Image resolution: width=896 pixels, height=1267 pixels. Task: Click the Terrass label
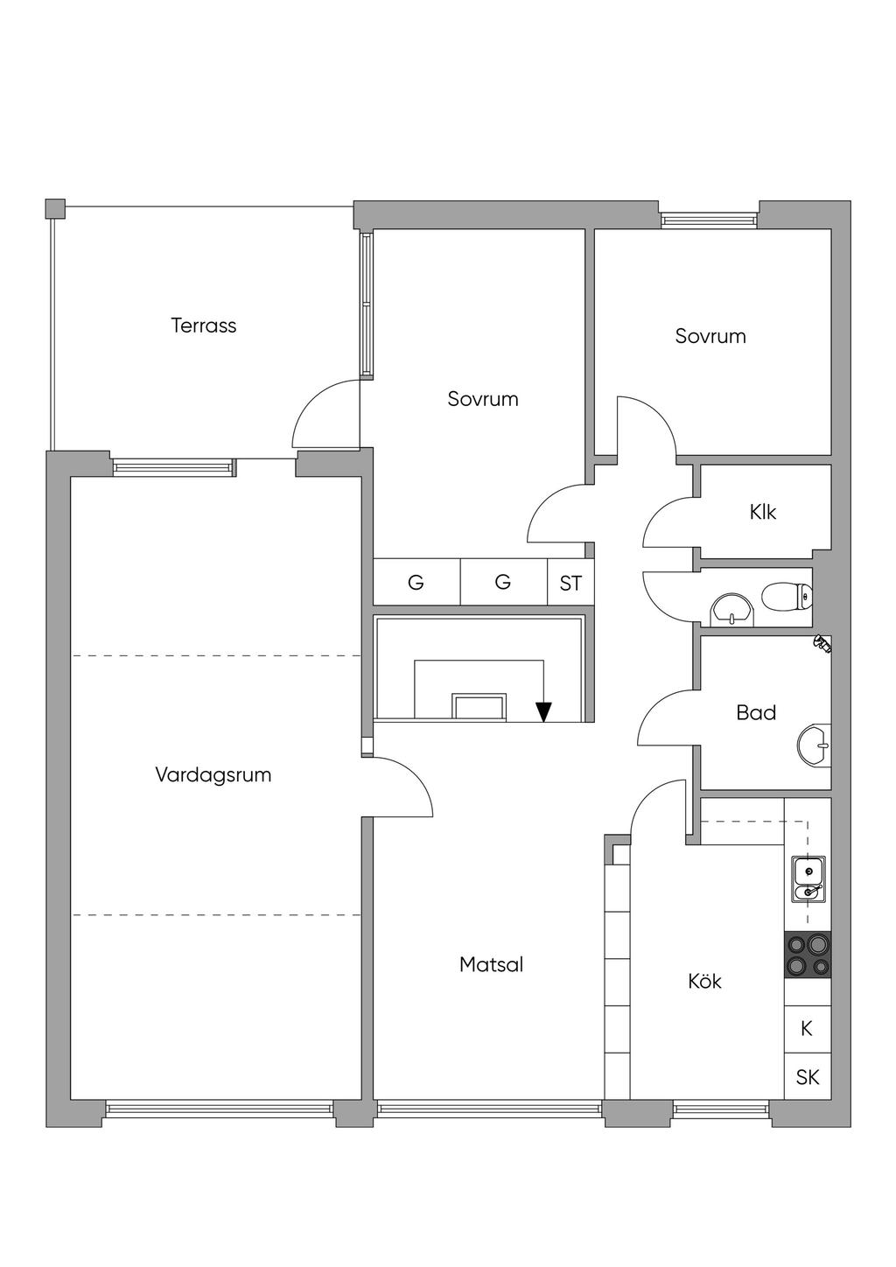(x=203, y=325)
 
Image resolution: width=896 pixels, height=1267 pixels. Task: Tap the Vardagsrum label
(x=213, y=774)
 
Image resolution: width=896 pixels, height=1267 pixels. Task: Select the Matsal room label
(x=491, y=964)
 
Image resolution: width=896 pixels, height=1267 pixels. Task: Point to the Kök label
(x=704, y=982)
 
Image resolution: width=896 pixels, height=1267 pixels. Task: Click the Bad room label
(x=756, y=713)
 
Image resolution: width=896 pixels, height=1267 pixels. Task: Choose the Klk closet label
(x=763, y=512)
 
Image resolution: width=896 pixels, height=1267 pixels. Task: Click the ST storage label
(x=570, y=583)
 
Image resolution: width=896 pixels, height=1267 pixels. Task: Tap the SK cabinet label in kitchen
(x=807, y=1077)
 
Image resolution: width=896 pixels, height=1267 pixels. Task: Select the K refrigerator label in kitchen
(x=807, y=1028)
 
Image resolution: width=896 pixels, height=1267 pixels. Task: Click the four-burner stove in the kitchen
(x=807, y=955)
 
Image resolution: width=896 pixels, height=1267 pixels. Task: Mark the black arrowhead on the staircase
(x=543, y=712)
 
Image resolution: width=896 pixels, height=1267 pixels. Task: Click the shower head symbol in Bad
(x=821, y=644)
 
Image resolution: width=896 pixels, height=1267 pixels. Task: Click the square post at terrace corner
(x=55, y=208)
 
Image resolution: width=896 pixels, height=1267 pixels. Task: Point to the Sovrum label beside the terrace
(x=483, y=399)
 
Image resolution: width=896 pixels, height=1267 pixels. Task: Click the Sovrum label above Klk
(x=710, y=336)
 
